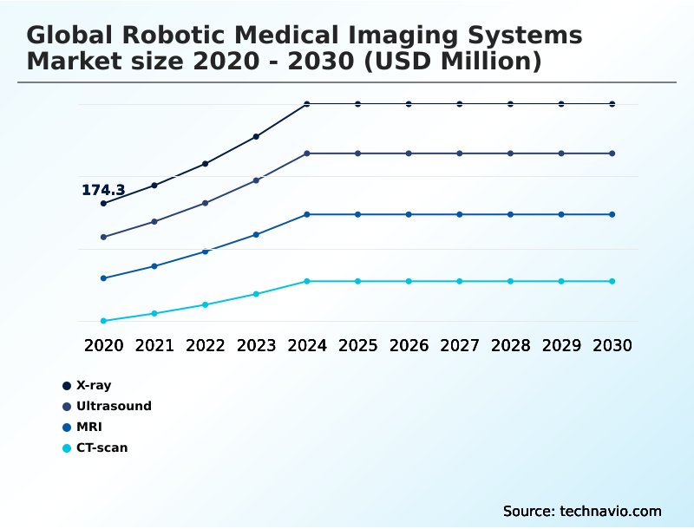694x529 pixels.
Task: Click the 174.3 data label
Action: pos(103,190)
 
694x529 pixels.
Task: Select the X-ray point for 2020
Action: pos(103,203)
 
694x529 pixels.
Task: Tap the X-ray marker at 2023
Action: pos(256,136)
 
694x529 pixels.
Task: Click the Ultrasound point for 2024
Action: pos(307,153)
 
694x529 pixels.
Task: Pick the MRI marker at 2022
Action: pos(206,251)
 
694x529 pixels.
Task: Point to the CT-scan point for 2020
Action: pos(103,321)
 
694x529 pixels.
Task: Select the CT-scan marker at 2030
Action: pos(612,281)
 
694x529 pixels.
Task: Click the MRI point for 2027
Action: pos(460,214)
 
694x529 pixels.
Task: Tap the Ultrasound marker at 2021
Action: pos(154,221)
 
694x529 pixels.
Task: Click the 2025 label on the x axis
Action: pos(357,345)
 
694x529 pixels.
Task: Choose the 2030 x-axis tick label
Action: pos(612,345)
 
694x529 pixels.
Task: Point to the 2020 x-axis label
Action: pos(103,345)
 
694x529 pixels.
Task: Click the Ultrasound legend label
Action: pos(114,406)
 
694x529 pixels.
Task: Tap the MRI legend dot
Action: pos(66,427)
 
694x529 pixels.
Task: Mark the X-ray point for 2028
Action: pos(510,104)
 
